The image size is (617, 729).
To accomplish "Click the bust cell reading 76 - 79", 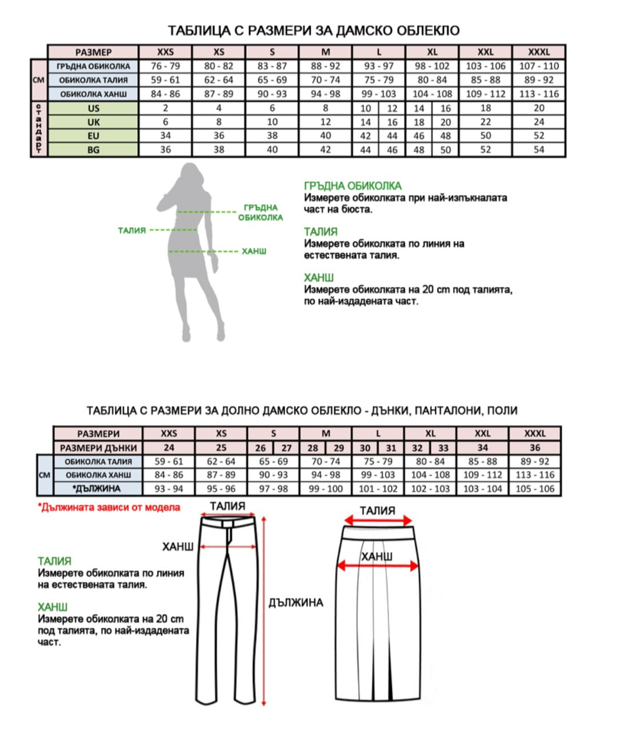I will coord(165,66).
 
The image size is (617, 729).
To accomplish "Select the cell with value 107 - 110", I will coord(539,66).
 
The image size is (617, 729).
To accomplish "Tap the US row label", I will coord(94,108).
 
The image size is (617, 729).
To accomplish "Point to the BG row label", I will coord(94,150).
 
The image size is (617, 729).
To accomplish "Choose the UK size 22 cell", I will coord(486,122).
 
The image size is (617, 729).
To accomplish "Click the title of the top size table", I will coord(314,30).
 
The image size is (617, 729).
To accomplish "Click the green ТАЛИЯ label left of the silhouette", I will coord(132,230).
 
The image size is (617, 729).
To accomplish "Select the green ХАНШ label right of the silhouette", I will coord(254,251).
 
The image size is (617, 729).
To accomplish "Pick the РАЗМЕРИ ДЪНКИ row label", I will coord(98,448).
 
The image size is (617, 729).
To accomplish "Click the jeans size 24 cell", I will coord(169,448).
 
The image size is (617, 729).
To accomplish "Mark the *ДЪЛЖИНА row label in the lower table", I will coord(98,488).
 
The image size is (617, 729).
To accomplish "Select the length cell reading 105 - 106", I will coord(535,488).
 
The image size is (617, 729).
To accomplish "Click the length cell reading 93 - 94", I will coord(169,488).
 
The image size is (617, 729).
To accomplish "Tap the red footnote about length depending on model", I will coord(109,507).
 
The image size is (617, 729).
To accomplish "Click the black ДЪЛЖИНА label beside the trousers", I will coord(296,603).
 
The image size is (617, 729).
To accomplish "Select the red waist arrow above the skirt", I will coord(378,520).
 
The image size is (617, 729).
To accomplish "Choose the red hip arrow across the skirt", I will coord(378,566).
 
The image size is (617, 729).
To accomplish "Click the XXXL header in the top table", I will coord(539,52).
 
